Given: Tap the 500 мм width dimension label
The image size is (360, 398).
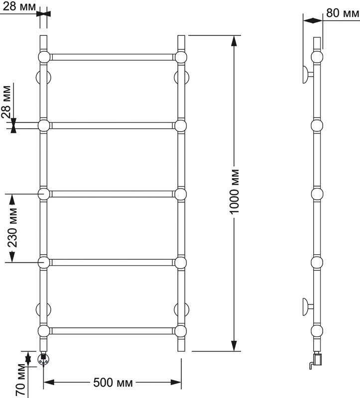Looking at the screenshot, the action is click(113, 382).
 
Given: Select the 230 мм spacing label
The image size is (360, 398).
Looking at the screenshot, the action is click(12, 228).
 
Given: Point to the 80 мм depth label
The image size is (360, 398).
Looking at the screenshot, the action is click(343, 12).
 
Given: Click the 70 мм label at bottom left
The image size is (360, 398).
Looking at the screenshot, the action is click(20, 380).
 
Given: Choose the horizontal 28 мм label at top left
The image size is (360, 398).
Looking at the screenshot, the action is click(19, 6).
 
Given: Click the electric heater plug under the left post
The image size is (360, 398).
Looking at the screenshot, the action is click(43, 359).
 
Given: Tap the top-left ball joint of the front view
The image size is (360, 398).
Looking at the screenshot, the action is click(44, 57).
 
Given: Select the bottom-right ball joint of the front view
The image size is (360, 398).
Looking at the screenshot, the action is click(181, 331).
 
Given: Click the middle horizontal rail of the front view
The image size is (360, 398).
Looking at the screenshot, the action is click(113, 194).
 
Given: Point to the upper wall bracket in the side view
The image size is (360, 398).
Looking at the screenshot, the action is click(308, 74).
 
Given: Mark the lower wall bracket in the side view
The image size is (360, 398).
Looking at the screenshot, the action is click(308, 306).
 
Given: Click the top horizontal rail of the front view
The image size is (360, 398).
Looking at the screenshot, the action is click(113, 57).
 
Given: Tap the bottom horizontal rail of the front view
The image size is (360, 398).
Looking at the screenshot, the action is click(113, 331).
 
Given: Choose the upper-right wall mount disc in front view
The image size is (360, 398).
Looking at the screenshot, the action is click(181, 77).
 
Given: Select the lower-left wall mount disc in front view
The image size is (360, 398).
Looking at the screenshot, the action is click(44, 309).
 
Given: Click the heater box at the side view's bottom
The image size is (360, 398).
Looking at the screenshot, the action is click(318, 359).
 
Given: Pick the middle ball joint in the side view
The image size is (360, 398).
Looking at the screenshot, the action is click(317, 194).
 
